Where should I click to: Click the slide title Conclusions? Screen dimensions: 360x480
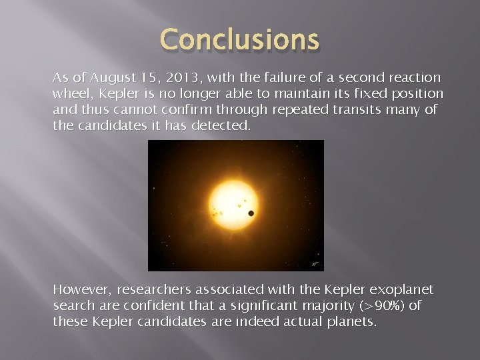239,39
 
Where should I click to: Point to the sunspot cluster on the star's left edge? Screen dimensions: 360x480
217,212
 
